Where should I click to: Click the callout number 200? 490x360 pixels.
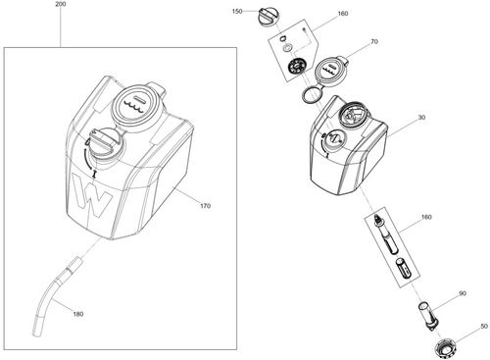62,5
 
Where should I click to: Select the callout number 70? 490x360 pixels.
372,43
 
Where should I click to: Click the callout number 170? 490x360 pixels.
205,206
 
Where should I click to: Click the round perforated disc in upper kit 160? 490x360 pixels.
292,68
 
